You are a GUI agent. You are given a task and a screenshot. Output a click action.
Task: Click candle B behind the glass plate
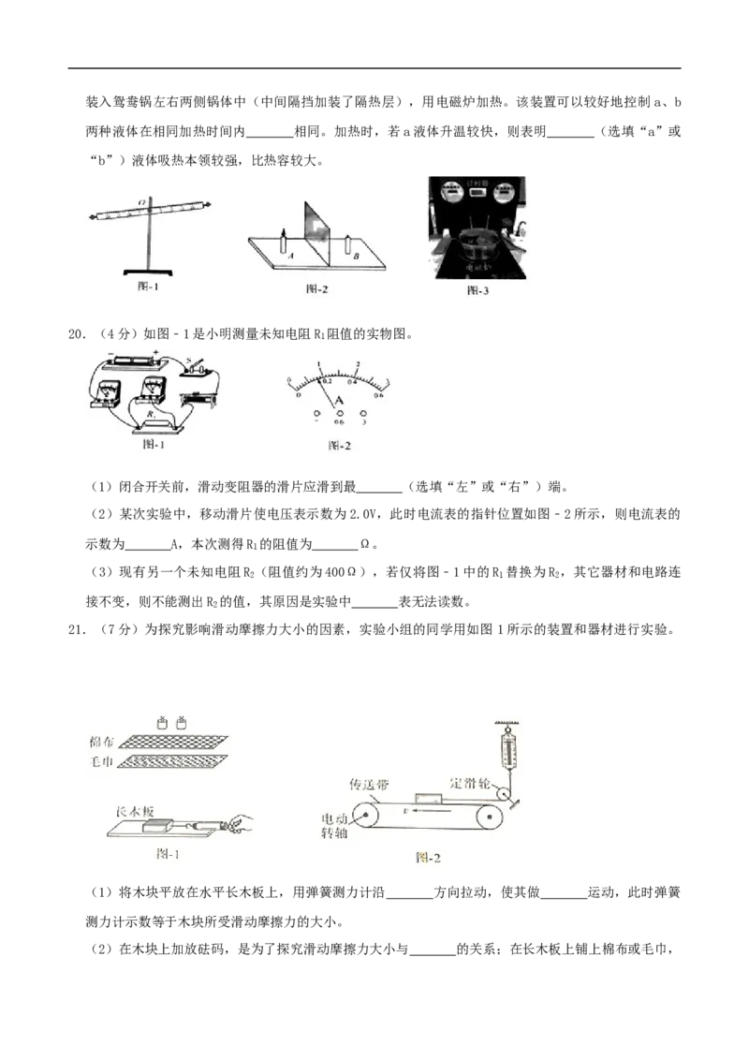pyautogui.click(x=348, y=245)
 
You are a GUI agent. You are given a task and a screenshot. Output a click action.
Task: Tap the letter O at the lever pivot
pyautogui.click(x=142, y=201)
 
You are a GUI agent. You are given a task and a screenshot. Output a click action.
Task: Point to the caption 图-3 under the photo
pyautogui.click(x=478, y=291)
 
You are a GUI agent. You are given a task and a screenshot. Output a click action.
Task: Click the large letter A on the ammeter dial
pyautogui.click(x=340, y=401)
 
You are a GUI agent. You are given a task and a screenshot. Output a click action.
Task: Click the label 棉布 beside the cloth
pyautogui.click(x=101, y=741)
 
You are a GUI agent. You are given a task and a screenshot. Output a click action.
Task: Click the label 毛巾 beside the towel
pyautogui.click(x=101, y=762)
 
